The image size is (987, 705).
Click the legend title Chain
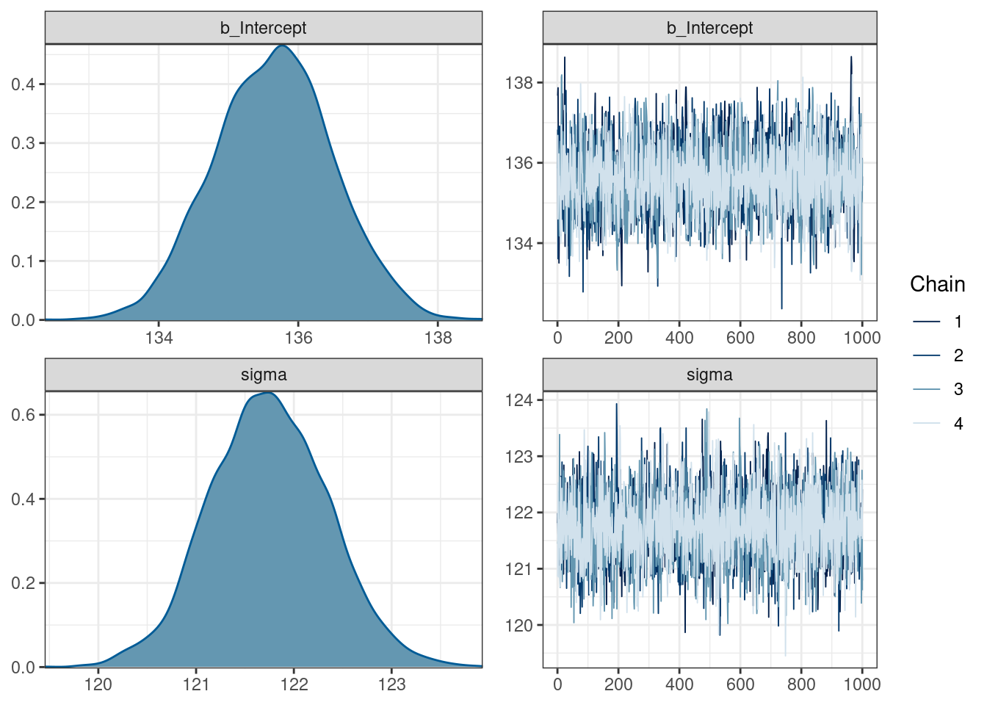(x=937, y=284)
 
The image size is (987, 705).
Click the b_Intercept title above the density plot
(x=264, y=28)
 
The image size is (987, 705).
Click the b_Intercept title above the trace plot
(x=709, y=28)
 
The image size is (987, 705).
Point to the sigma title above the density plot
(x=264, y=375)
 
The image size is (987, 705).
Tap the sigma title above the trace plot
(x=709, y=375)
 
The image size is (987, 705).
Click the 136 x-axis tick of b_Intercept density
(x=298, y=338)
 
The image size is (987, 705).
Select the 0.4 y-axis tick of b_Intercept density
(x=23, y=84)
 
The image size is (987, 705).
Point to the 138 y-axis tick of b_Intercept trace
(x=519, y=83)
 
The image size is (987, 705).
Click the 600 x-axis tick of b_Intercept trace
(x=740, y=338)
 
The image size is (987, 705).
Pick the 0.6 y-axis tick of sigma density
(x=23, y=415)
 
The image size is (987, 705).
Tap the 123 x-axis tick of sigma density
(x=391, y=684)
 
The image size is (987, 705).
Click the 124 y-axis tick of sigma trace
(x=519, y=400)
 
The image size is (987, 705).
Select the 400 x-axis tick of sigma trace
(x=679, y=684)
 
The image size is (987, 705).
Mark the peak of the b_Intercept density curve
(x=283, y=46)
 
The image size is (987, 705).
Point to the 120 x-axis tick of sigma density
(x=98, y=684)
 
